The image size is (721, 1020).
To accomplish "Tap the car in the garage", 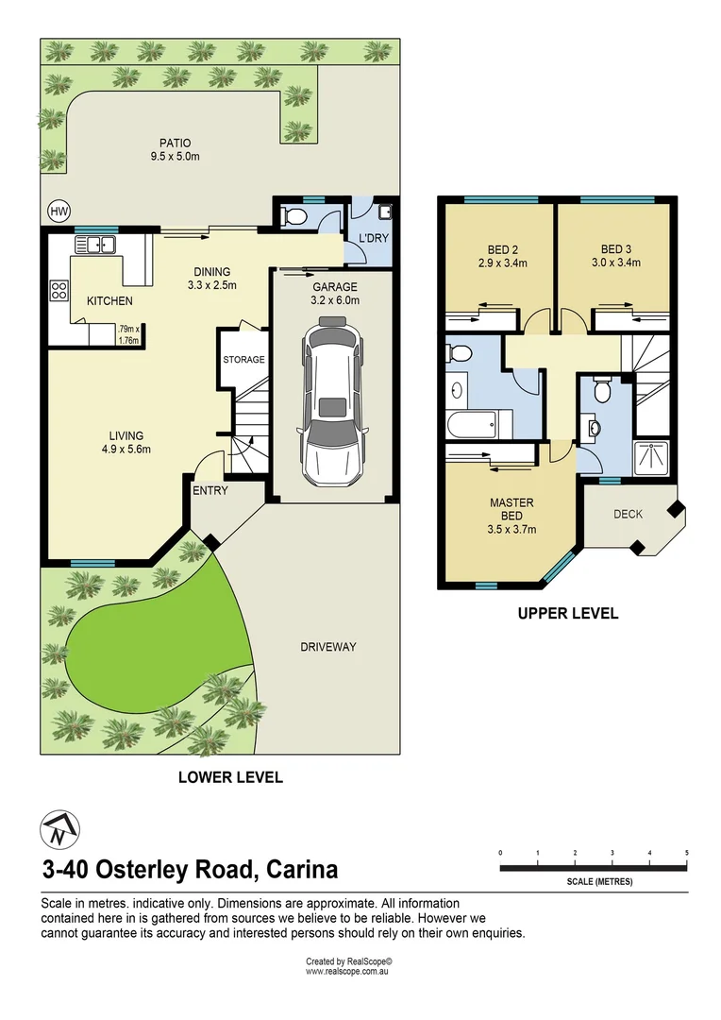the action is [332, 400].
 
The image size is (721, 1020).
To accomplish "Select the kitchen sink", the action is [95, 245].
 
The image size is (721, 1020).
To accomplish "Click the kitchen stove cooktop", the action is [59, 290].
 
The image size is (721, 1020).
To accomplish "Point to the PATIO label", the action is [176, 144].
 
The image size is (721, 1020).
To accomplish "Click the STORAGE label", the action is [243, 359].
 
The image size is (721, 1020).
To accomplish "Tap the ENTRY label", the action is [210, 490].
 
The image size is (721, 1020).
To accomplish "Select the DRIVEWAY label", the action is [328, 647].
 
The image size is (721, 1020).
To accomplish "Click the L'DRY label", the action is [374, 238].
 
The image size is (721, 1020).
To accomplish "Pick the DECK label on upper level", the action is [628, 514].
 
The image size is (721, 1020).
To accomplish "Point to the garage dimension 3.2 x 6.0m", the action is [335, 300].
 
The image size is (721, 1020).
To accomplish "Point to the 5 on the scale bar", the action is [686, 853].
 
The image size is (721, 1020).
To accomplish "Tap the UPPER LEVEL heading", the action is [567, 613].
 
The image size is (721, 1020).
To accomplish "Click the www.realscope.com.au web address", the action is [347, 971].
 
